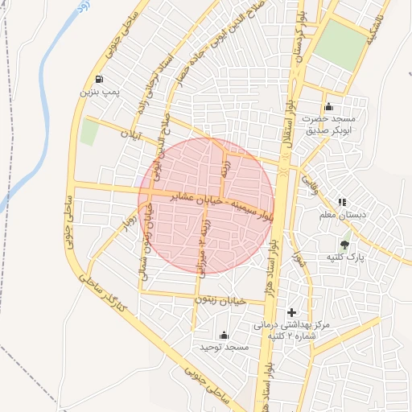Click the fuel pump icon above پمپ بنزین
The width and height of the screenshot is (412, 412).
[98, 79]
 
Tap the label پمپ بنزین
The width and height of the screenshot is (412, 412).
[99, 93]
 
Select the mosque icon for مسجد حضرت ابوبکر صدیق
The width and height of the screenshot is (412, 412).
[328, 107]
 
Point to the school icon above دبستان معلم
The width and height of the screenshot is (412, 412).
[342, 202]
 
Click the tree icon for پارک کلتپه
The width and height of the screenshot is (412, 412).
[345, 244]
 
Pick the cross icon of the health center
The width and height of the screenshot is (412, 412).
[291, 311]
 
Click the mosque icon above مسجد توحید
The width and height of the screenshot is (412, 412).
[224, 335]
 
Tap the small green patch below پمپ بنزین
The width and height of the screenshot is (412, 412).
[89, 133]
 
